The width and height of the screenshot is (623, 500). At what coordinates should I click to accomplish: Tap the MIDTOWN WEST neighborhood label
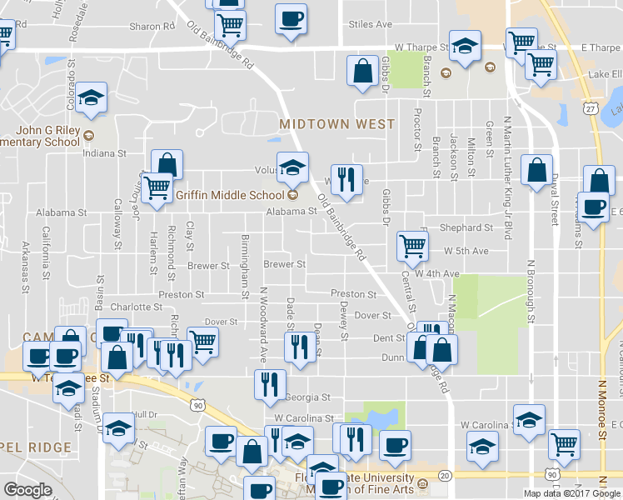click(x=336, y=124)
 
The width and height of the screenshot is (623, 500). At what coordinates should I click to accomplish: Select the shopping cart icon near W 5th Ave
click(x=412, y=246)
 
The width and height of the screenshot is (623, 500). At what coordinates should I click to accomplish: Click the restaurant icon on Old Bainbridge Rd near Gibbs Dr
click(x=347, y=178)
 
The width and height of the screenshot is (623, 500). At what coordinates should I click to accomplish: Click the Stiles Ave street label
click(x=371, y=25)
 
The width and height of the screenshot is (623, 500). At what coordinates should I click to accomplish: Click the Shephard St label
click(x=466, y=227)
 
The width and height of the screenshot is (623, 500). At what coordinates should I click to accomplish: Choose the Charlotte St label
click(x=136, y=306)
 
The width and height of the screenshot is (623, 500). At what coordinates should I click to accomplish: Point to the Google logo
click(x=27, y=489)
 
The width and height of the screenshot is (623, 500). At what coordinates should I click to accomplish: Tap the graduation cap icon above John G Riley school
click(x=92, y=97)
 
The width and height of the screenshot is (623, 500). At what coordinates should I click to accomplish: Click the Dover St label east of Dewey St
click(x=372, y=316)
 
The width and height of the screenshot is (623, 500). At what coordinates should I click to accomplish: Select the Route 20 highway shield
click(x=446, y=475)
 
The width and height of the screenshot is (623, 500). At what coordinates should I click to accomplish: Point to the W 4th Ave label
click(x=440, y=273)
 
